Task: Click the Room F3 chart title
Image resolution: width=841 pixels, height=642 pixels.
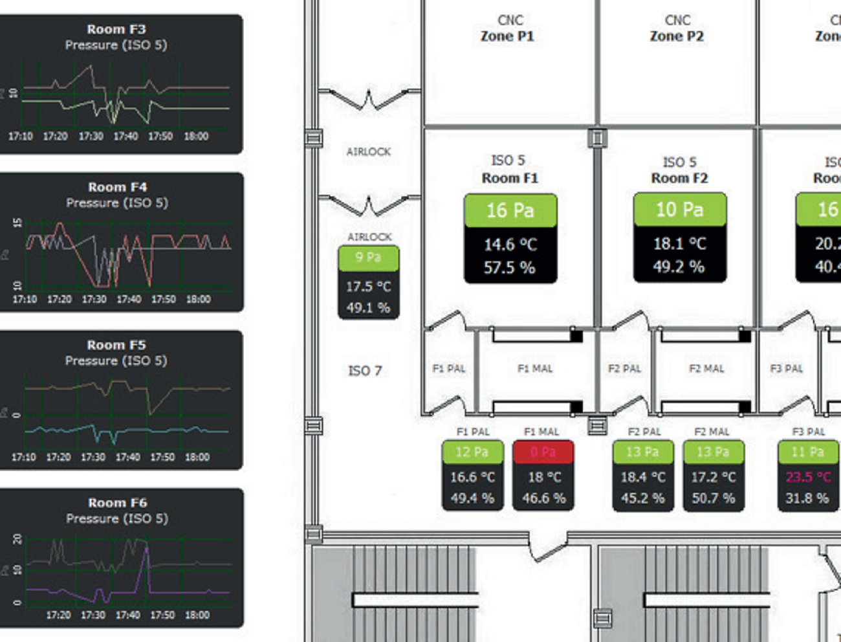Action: tap(116, 29)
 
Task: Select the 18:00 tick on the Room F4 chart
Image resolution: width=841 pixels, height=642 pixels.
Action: tap(198, 300)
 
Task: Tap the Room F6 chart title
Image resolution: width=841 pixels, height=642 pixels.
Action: tap(117, 503)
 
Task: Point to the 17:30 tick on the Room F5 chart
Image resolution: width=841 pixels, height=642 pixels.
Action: tap(93, 458)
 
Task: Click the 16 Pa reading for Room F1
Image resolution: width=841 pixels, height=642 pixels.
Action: tap(510, 210)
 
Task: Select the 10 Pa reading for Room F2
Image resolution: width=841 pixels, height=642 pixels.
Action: tap(679, 210)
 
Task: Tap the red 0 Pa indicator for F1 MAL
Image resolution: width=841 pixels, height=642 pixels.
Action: tap(543, 452)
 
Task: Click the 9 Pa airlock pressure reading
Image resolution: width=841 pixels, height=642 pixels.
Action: tap(368, 258)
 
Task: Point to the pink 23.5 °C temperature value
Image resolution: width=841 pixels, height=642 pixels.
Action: tap(808, 477)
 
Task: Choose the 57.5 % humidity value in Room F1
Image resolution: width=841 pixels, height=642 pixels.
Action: tap(510, 268)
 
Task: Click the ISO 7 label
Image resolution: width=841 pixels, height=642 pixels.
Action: tap(365, 371)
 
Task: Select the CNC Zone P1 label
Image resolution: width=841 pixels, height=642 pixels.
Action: tap(508, 29)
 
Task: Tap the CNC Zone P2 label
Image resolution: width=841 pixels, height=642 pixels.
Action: tap(677, 29)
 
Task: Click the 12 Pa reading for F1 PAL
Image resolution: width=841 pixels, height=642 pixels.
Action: tap(472, 452)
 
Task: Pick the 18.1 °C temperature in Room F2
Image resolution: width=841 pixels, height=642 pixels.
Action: tap(679, 244)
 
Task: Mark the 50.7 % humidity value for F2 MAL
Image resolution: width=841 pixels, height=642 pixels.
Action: tap(713, 498)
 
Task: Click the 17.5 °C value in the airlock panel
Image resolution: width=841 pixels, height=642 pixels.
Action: tap(368, 287)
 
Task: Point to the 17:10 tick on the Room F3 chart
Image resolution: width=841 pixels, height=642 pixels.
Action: tap(20, 137)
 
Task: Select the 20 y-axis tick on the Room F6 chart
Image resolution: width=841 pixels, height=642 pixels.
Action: tap(17, 538)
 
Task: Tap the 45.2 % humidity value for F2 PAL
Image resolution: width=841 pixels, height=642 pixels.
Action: tap(642, 498)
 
